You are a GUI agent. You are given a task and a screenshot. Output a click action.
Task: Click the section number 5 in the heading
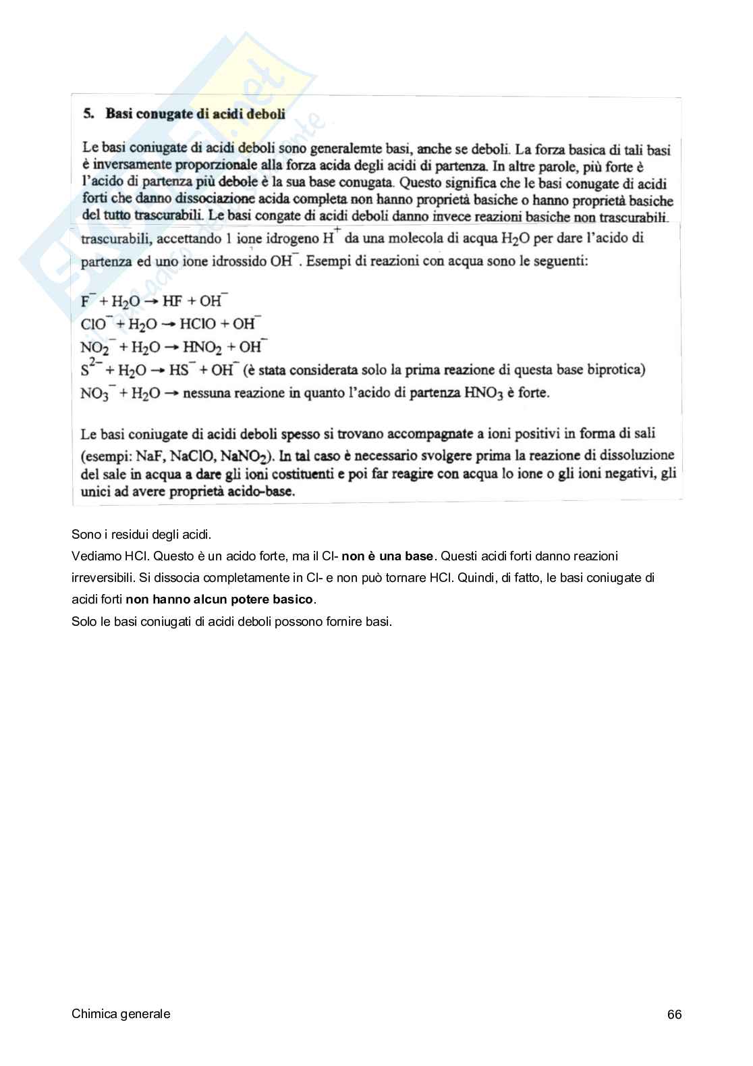point(88,113)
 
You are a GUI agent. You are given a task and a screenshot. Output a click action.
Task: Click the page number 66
point(674,1014)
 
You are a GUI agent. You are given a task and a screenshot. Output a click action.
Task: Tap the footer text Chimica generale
point(121,1013)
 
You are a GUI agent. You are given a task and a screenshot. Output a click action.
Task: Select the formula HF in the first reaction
point(173,302)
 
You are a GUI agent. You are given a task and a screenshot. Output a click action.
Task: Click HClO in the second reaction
point(198,324)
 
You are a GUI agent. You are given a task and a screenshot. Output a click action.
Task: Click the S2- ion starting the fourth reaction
point(90,369)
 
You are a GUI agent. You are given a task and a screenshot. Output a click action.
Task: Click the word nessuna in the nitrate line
point(206,393)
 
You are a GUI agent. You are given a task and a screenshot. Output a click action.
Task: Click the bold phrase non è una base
point(387,556)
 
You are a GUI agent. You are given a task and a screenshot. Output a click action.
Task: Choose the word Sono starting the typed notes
point(84,535)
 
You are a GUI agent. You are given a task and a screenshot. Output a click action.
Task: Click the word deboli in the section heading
point(265,113)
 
